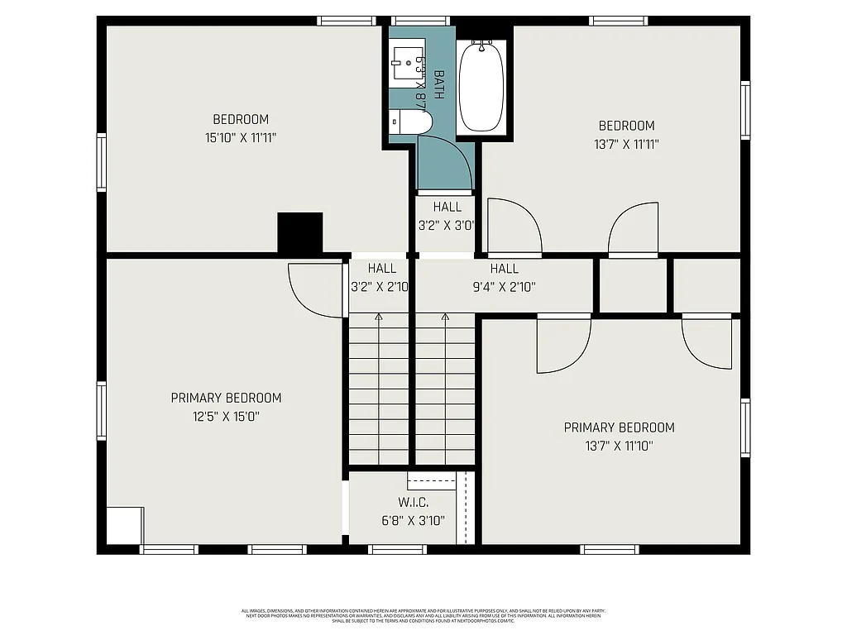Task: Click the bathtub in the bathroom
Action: tap(481, 86)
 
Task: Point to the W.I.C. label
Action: tap(413, 502)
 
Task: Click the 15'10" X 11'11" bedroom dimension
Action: tap(240, 137)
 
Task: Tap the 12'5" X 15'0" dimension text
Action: tap(226, 417)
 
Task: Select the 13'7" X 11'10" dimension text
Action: tap(619, 446)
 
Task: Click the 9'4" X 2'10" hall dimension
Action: tap(504, 287)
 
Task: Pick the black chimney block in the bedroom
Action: tap(299, 232)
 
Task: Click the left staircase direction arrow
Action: tap(379, 318)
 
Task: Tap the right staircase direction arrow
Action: tap(445, 318)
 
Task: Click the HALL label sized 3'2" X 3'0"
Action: tap(447, 207)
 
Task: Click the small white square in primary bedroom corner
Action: tap(124, 526)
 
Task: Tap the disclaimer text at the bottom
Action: tap(423, 616)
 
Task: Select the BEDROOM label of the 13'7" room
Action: tap(626, 126)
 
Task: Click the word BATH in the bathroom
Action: tap(438, 84)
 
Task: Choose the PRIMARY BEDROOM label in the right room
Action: tap(619, 427)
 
